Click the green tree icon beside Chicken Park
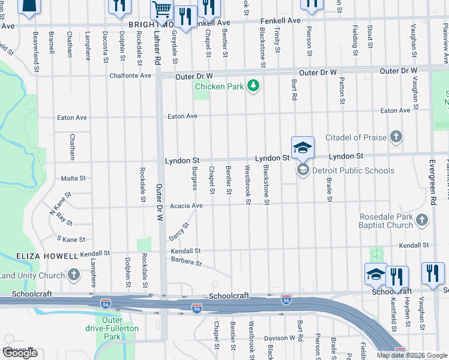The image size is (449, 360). click(254, 86)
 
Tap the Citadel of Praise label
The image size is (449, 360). click(356, 137)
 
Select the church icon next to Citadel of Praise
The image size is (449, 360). click(396, 137)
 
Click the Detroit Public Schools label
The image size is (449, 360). click(353, 170)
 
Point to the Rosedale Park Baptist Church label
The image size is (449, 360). click(387, 221)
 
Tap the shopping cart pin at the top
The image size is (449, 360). click(161, 10)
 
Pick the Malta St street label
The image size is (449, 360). click(73, 178)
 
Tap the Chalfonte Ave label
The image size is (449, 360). click(130, 76)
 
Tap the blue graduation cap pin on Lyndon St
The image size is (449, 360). click(303, 148)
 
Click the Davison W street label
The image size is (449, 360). click(280, 338)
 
